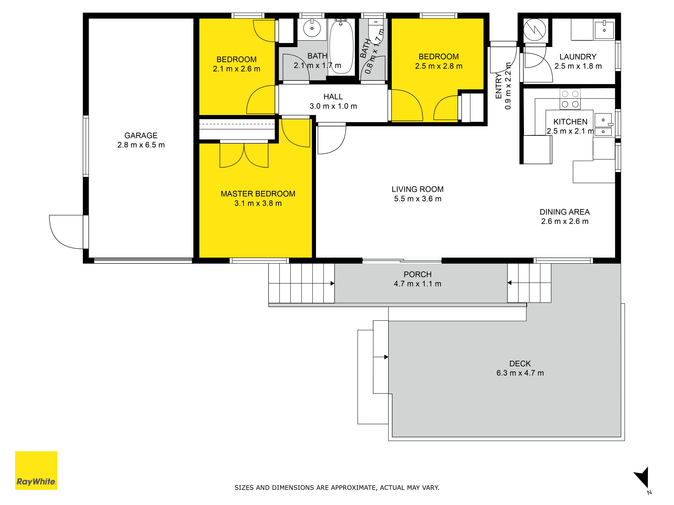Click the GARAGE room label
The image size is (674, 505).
(x=141, y=136)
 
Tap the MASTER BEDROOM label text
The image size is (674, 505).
(x=258, y=194)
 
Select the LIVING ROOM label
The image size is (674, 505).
(x=417, y=189)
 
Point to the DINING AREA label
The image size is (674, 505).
(x=565, y=212)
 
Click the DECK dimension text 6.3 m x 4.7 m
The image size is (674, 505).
(x=520, y=373)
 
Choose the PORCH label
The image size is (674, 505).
(x=417, y=274)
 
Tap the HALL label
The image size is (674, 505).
(x=333, y=96)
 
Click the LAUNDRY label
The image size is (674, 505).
(x=578, y=57)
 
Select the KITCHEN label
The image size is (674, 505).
(x=570, y=122)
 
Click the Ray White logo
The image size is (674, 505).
(x=36, y=470)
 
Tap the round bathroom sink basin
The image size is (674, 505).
(x=312, y=28)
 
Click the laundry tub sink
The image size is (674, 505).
(x=604, y=29)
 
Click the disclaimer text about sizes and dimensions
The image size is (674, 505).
(x=337, y=488)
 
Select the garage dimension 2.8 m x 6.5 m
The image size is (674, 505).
(x=141, y=145)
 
